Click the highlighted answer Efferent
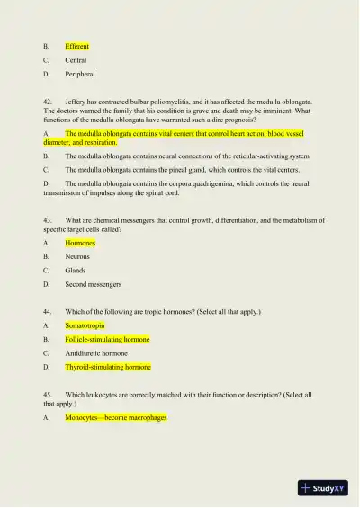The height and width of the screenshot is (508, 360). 76,46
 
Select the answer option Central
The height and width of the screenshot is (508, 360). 76,60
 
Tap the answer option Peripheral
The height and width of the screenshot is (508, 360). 79,75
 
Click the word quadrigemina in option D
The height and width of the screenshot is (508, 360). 211,183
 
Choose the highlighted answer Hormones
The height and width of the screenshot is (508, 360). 80,243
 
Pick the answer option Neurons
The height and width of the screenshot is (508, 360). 77,256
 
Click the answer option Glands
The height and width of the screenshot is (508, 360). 76,271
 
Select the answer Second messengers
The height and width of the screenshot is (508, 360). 93,284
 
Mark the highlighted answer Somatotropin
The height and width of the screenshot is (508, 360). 85,325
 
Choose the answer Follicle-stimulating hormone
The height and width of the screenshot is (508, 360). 107,340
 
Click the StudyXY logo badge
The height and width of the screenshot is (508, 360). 324,488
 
